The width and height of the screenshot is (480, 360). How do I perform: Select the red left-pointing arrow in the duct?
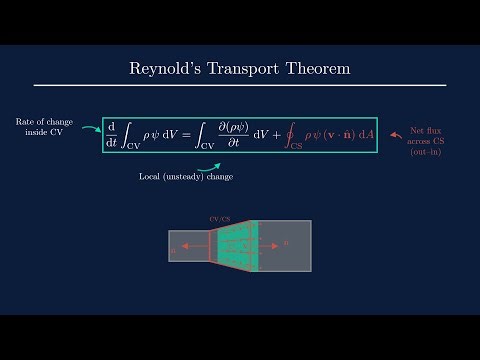[194, 246]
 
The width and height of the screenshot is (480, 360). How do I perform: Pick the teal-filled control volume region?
[238, 246]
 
